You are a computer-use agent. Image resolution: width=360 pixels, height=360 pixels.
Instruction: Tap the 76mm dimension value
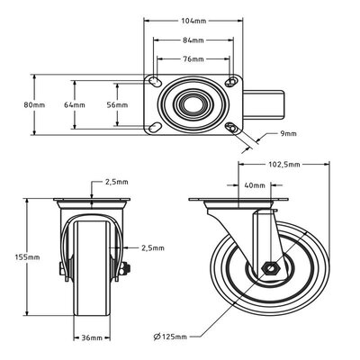point(194,61)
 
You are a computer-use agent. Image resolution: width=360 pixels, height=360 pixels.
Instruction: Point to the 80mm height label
point(35,105)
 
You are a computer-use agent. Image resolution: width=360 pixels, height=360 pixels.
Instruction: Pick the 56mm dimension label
point(118,105)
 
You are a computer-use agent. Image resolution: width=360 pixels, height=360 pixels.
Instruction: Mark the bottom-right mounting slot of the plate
point(233,128)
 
